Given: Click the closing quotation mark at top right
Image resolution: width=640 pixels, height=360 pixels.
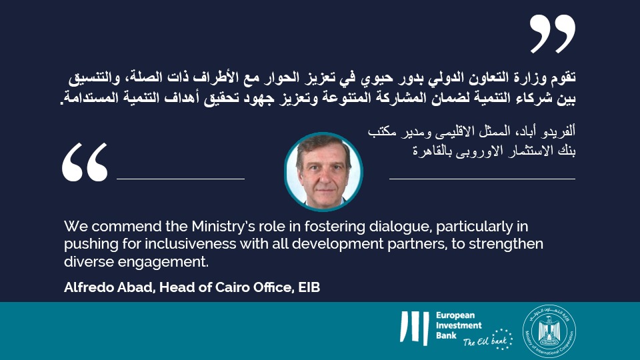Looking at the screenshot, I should pos(552,34).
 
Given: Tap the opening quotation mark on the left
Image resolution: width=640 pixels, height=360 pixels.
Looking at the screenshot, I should pos(85,162).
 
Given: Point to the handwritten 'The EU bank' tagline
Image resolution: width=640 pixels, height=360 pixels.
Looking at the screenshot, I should pos(479,343).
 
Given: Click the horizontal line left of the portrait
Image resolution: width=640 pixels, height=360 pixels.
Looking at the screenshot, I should pos(181,179).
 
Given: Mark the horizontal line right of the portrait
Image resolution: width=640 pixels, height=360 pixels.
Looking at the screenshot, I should pos(482,179).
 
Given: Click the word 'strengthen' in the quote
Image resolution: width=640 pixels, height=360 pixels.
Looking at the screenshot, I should pos(507,243).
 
